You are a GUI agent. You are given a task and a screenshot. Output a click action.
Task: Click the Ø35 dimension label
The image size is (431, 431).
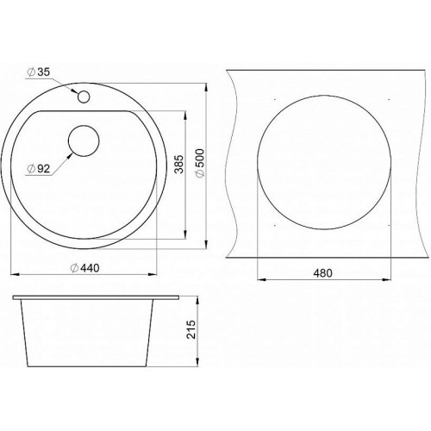[39, 72]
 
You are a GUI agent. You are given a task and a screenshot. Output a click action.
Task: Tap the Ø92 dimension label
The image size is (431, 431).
[39, 169]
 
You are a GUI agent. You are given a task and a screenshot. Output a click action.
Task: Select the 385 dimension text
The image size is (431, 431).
[179, 164]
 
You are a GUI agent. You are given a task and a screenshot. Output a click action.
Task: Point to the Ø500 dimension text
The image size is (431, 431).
[199, 163]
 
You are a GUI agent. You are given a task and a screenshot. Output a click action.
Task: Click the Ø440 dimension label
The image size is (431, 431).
[85, 268]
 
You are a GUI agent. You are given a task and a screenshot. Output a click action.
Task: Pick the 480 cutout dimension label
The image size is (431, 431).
[322, 273]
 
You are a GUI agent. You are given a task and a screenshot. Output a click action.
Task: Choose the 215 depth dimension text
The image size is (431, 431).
[191, 329]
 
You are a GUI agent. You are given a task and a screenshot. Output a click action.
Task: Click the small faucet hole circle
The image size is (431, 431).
[84, 97]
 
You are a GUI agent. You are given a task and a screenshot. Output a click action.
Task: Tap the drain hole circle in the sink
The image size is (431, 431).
[84, 141]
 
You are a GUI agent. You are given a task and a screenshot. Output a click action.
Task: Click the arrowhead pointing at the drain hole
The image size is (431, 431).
[69, 155]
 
